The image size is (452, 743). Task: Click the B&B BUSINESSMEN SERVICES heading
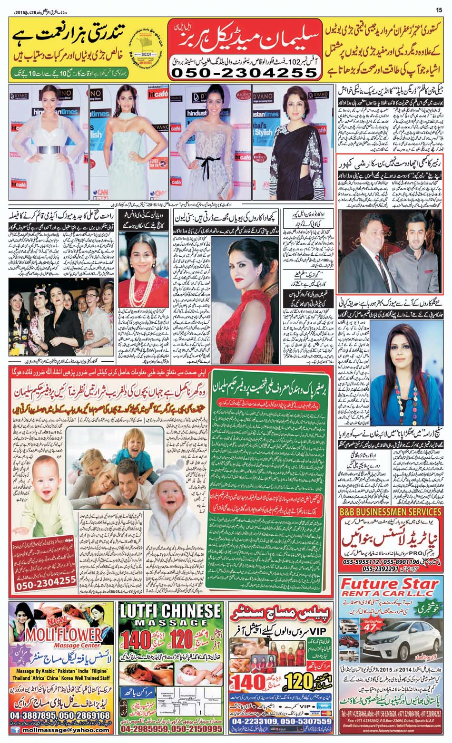pos(390,512)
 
